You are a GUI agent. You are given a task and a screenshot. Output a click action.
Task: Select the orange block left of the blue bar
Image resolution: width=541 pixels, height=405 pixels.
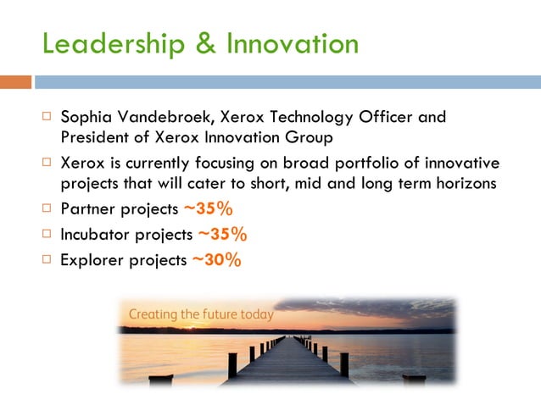coord(15,82)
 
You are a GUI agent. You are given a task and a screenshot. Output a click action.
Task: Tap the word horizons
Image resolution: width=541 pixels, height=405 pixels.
coord(461,182)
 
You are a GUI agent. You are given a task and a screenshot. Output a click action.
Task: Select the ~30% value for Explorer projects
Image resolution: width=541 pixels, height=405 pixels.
coord(216,261)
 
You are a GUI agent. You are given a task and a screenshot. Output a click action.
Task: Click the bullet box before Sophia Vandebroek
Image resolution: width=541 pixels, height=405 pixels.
coord(46,116)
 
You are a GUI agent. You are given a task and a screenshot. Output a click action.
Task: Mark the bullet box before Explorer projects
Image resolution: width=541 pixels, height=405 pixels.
coord(46,260)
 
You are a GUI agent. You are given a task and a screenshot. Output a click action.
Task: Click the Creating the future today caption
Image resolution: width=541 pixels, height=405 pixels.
coord(201,314)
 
